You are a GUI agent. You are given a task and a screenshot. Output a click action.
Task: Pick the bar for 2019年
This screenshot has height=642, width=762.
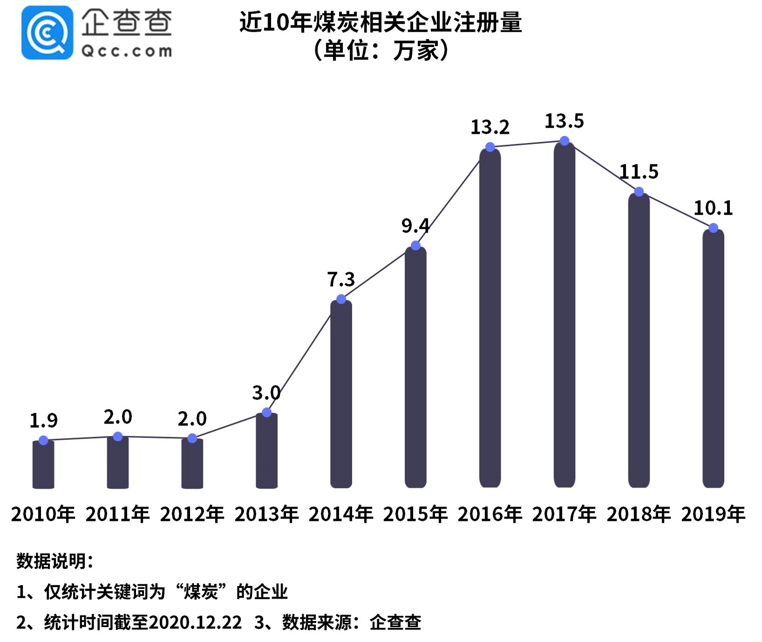713,359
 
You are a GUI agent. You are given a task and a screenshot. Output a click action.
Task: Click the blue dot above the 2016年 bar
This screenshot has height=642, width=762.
490,147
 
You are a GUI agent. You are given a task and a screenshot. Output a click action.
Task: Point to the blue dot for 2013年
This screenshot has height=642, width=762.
266,412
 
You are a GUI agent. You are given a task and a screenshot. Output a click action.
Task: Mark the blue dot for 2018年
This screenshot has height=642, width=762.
639,191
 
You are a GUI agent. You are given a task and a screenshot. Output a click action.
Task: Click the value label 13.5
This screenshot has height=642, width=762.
564,121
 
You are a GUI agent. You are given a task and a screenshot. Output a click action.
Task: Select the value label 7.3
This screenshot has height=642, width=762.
341,280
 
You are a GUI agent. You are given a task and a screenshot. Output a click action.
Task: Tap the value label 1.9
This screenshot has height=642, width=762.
43,421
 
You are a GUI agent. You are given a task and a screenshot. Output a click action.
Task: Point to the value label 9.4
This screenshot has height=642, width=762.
415,226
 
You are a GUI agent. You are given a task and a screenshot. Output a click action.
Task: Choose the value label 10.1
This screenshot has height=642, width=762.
713,208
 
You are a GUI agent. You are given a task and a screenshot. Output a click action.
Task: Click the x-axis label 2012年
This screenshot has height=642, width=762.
192,514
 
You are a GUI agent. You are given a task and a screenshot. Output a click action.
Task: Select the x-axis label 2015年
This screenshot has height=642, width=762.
415,514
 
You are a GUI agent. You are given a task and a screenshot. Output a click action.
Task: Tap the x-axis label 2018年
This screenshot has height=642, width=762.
639,514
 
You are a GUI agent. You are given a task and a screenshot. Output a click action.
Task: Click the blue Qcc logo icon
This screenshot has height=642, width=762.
47,33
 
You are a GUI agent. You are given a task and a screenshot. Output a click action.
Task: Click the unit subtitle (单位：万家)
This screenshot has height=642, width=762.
381,50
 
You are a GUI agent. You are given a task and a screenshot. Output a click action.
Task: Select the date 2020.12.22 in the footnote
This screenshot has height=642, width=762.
196,622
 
